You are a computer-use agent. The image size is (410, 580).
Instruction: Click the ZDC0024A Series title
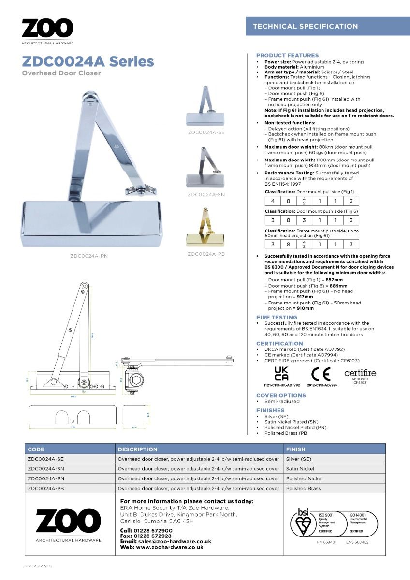(x=88, y=61)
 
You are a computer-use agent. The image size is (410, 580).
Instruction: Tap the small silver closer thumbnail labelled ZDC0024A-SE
(x=205, y=107)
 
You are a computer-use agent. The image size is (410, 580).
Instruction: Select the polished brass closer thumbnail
(x=205, y=227)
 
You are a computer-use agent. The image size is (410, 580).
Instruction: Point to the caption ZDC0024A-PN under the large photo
(x=89, y=256)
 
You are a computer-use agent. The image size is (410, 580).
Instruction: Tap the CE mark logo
(x=321, y=375)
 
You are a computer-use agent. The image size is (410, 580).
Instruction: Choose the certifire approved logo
(x=360, y=375)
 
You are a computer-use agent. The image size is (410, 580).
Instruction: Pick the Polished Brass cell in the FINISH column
(x=303, y=488)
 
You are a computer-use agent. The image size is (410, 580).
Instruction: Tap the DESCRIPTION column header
(x=138, y=449)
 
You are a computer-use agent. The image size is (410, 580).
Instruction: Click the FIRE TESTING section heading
(x=277, y=318)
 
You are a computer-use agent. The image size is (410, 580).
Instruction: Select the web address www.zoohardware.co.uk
(x=169, y=547)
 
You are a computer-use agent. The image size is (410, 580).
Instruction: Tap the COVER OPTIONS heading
(x=281, y=395)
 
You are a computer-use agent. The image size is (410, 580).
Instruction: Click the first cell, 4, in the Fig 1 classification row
(x=273, y=201)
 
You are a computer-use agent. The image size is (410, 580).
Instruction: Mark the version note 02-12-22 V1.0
(x=39, y=565)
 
